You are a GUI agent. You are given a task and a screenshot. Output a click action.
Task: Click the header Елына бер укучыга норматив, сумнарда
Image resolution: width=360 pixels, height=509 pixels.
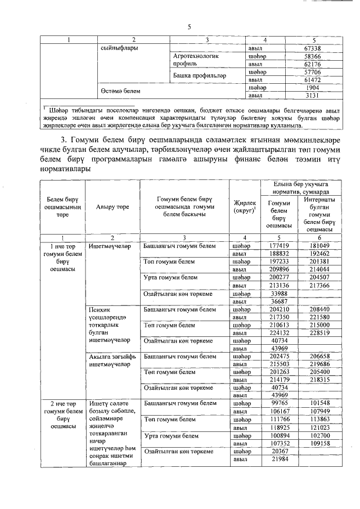coord(300,187)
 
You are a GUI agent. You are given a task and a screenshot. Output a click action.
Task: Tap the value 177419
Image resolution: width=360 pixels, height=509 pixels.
coord(279,246)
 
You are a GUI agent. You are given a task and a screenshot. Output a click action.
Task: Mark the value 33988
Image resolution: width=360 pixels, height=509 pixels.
coord(279,294)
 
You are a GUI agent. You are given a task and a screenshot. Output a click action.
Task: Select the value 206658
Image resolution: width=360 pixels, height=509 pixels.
coord(319,357)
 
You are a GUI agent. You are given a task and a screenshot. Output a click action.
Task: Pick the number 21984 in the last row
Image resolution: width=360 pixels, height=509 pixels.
coord(279,460)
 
